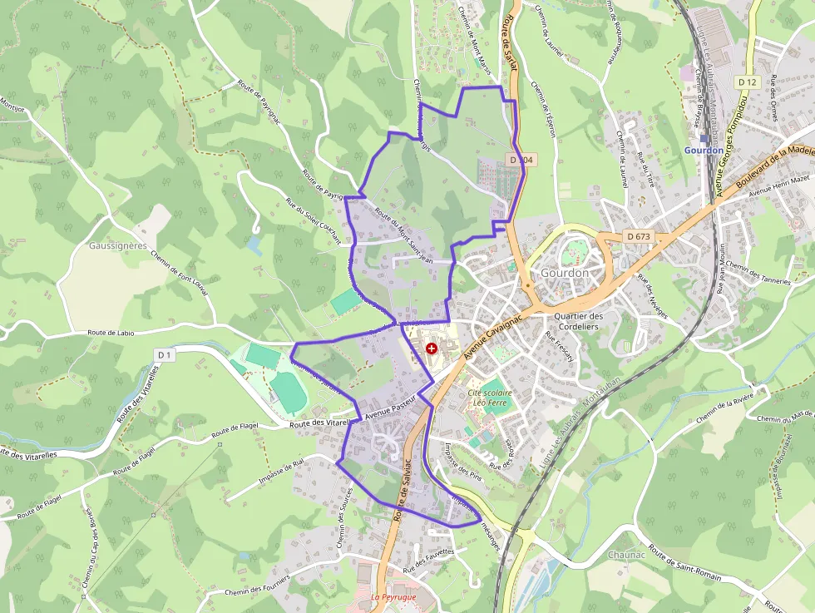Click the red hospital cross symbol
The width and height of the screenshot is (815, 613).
pos(431,349)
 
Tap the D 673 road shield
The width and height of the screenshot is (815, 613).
pos(639,236)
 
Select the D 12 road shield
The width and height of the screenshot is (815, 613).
pos(748,82)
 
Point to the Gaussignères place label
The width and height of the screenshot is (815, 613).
pos(117,245)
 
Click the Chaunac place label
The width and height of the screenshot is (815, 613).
pos(625,554)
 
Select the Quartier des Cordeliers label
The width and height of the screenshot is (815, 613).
pos(577,321)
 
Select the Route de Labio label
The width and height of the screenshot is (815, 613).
pos(111,333)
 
